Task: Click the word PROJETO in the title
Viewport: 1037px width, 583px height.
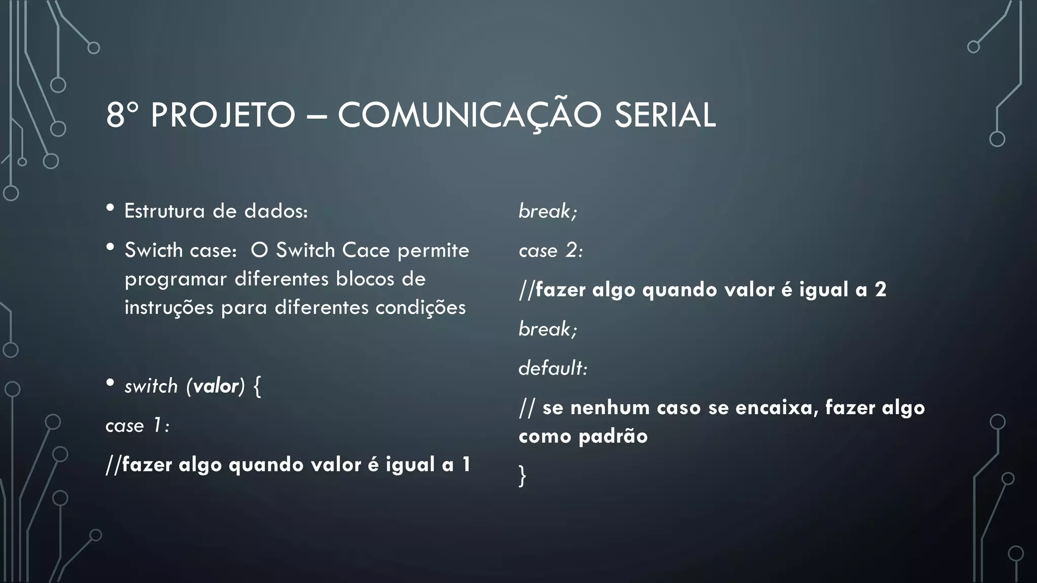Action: click(x=223, y=115)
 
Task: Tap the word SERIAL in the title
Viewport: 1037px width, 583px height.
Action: click(x=665, y=115)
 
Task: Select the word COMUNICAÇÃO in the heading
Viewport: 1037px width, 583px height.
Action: click(x=469, y=115)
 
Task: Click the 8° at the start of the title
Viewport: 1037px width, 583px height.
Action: click(x=122, y=115)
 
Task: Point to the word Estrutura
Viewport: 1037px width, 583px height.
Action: click(x=164, y=211)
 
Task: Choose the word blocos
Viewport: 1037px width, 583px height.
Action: click(x=365, y=279)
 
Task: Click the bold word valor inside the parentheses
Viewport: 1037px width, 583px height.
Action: click(x=215, y=386)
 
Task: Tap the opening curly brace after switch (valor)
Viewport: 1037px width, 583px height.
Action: click(x=257, y=387)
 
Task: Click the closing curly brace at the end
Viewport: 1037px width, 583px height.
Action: click(x=523, y=476)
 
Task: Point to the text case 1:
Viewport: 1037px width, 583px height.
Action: click(x=137, y=426)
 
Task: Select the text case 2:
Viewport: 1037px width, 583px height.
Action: click(x=550, y=251)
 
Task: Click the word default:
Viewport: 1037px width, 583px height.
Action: click(x=552, y=368)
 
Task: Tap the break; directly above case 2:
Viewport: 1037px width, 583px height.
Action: click(x=547, y=211)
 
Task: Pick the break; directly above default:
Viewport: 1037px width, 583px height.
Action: click(x=547, y=329)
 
